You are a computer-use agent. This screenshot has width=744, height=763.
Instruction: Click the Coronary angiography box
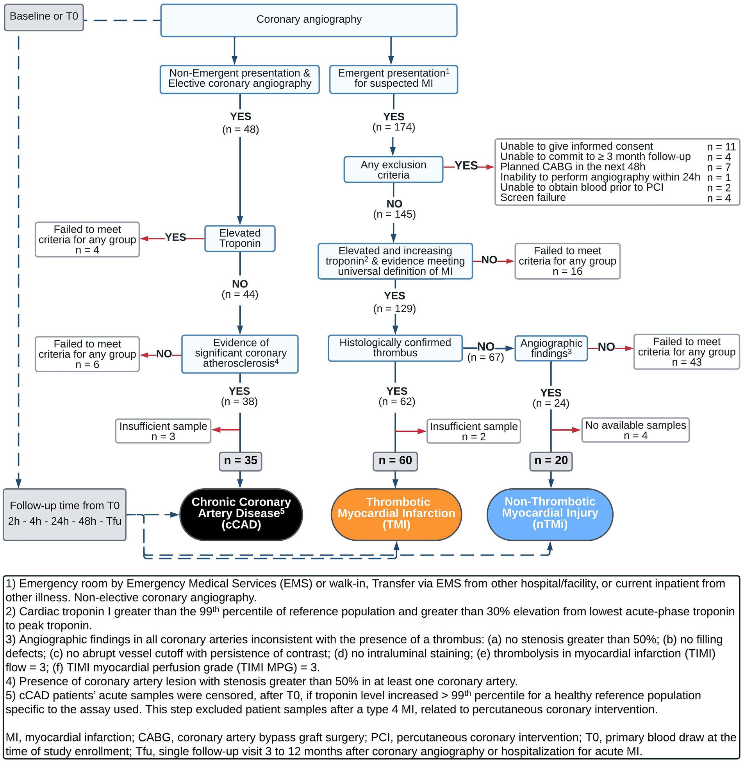309,20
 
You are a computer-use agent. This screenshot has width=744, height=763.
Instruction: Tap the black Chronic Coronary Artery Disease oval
241,514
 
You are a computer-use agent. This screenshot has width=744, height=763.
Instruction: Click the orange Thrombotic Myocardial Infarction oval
396,514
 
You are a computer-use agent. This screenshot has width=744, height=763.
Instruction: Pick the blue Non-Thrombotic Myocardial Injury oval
550,514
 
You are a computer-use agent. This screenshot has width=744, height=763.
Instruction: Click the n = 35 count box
240,461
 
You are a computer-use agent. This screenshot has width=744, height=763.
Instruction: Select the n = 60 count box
395,461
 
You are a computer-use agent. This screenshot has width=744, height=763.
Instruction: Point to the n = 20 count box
551,461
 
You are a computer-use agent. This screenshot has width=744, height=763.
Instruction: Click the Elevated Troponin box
240,238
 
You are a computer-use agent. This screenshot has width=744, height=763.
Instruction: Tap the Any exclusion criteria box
393,170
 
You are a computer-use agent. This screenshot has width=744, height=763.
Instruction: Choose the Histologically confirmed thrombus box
395,347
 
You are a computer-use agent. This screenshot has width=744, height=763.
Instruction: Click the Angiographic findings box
551,348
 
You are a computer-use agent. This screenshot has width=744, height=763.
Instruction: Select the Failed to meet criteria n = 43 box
686,351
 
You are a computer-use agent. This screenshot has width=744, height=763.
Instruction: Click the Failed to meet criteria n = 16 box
567,261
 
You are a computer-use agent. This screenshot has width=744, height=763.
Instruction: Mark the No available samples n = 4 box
635,430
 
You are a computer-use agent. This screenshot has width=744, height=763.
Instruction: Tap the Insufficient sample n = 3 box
163,431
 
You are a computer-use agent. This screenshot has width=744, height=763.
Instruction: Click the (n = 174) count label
394,127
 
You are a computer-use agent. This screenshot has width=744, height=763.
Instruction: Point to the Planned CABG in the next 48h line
573,167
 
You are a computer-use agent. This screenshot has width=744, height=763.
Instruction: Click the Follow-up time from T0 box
64,514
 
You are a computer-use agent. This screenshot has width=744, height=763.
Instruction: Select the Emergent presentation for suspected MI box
393,79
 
